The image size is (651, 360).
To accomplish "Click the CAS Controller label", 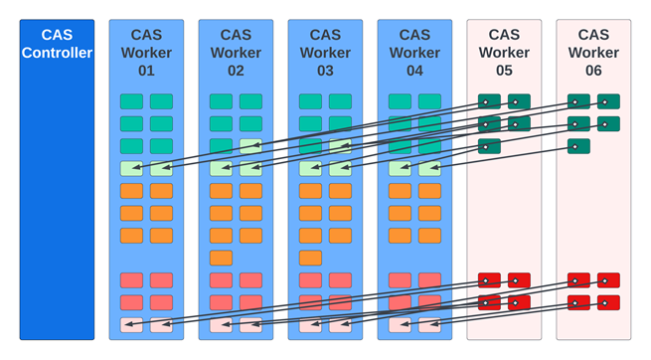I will click(x=57, y=44).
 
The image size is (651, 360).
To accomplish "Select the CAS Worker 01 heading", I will click(x=146, y=53).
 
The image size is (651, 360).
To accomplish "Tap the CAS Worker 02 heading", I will click(x=236, y=53).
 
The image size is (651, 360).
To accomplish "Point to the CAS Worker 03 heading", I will click(x=325, y=53).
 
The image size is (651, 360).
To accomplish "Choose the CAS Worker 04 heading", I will click(x=414, y=53).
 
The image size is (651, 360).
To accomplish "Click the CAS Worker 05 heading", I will click(x=504, y=53).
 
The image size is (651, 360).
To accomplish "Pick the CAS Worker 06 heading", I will click(x=593, y=53).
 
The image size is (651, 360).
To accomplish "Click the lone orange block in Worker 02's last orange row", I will click(x=221, y=258).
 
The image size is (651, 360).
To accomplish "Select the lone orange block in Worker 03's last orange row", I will click(x=310, y=258).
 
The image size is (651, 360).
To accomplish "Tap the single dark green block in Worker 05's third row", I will click(x=489, y=146).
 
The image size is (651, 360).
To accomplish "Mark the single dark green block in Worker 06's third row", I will click(x=578, y=146).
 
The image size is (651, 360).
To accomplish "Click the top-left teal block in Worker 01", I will click(x=131, y=101).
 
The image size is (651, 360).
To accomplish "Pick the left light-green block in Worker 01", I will click(x=131, y=168).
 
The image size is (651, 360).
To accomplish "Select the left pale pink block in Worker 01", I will click(x=131, y=325).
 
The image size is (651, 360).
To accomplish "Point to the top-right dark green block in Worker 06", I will click(x=608, y=101).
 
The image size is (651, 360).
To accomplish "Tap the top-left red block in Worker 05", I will click(x=489, y=280).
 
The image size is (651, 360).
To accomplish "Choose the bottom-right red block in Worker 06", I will click(x=608, y=302).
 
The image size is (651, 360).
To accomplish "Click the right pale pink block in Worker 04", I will click(x=429, y=325).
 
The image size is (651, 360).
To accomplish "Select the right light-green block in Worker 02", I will click(x=250, y=168).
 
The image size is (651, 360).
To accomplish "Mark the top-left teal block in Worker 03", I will click(x=310, y=101).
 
